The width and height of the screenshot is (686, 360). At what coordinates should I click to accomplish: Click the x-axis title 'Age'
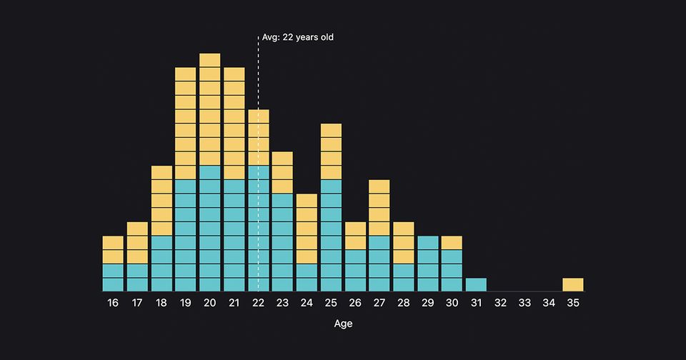coord(343,324)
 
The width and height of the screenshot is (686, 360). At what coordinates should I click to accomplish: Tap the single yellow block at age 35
coord(573,284)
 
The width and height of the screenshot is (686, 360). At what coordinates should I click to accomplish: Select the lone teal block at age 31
coord(476,284)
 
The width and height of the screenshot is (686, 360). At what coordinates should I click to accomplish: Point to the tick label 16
coord(113,303)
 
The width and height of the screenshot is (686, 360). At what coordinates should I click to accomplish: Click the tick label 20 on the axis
coord(210,303)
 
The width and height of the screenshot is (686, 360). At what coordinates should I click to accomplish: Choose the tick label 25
coord(331,303)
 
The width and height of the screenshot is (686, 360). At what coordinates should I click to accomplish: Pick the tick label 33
coord(525,303)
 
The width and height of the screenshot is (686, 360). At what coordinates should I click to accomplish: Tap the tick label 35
coord(573,303)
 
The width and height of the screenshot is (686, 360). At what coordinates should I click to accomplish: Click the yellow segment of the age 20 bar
coord(210,109)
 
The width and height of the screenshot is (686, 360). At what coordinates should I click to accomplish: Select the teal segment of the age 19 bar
coord(186,235)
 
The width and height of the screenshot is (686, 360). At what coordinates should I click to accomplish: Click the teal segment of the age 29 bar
coord(427,264)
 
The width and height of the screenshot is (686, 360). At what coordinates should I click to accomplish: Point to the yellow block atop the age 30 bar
coord(452,243)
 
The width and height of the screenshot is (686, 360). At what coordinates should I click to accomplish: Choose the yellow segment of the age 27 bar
coord(379,208)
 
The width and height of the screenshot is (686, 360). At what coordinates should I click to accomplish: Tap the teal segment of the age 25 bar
coord(331,235)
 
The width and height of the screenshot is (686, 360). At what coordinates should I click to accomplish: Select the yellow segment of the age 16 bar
coord(113,250)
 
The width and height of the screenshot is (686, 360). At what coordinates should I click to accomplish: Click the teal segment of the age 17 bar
coord(137,277)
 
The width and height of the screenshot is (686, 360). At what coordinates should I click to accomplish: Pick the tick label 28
coord(404,303)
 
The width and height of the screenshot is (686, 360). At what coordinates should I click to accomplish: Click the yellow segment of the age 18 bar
coord(161,201)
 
